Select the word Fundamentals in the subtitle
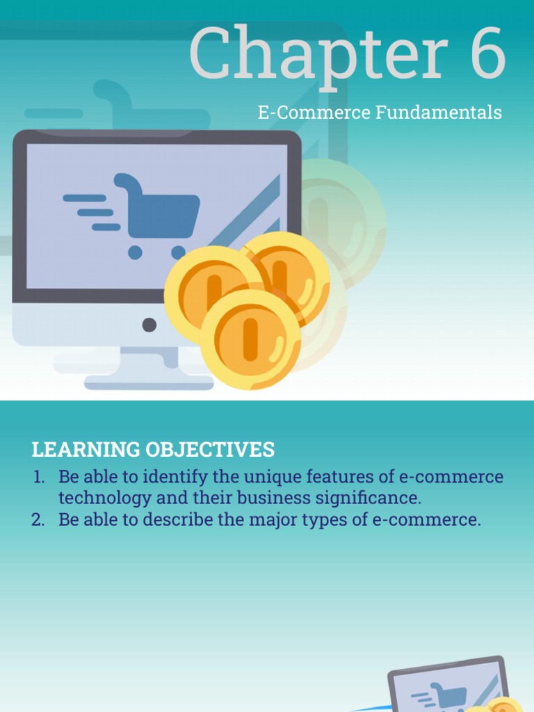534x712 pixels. click(x=439, y=113)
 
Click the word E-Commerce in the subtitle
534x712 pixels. click(x=315, y=113)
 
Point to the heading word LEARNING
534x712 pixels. click(x=86, y=450)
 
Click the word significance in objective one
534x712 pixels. click(x=364, y=499)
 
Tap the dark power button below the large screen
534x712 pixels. click(x=149, y=324)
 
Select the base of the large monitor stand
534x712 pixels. click(x=149, y=382)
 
